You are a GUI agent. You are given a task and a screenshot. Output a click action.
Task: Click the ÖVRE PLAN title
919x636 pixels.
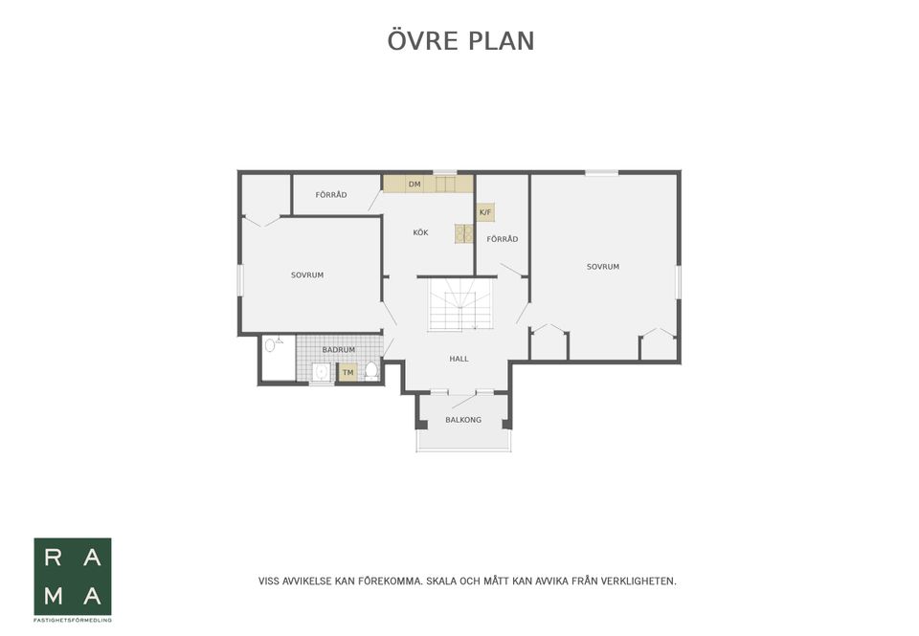460,40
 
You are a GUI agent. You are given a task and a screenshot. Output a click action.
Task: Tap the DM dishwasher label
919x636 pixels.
415,185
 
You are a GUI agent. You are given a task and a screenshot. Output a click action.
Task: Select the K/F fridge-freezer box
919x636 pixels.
485,212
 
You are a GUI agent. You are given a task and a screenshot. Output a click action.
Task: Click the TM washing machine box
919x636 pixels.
348,372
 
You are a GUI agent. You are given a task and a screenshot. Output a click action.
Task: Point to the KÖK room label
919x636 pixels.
420,232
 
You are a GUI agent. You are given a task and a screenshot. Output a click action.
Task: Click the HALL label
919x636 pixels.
459,359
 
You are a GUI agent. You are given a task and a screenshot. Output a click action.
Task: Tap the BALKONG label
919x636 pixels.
463,419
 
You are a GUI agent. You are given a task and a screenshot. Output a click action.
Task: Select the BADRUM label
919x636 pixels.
339,350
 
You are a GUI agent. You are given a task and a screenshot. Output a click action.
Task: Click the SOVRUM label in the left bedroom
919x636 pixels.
307,274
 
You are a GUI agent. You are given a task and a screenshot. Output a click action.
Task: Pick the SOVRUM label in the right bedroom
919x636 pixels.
603,267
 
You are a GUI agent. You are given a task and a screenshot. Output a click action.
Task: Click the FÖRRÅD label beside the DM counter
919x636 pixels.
331,195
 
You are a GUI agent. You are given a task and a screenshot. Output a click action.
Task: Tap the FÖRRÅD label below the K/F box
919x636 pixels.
503,239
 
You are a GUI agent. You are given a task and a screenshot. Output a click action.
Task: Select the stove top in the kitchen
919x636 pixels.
464,233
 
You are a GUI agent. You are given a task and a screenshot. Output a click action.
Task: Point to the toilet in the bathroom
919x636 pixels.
371,370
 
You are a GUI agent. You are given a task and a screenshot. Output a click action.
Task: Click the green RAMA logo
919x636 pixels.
73,577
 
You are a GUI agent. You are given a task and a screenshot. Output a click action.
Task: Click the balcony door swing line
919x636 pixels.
464,401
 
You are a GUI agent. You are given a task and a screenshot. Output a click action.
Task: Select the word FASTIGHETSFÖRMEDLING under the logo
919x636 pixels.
73,620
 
